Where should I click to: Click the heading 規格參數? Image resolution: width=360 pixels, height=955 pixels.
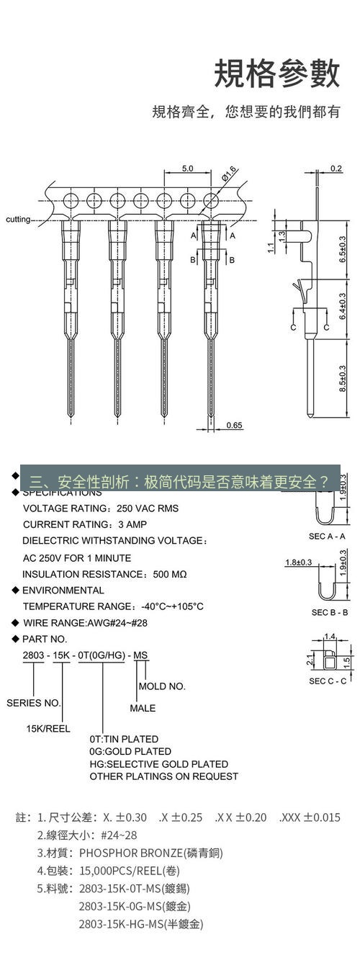pos(276,74)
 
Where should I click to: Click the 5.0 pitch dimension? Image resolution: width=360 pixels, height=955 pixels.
pos(187,169)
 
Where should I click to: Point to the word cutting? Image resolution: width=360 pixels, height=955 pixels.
pos(18,219)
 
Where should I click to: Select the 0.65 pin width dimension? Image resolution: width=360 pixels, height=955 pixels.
pos(234,425)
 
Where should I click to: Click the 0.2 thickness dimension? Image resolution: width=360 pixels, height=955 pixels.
pos(336,169)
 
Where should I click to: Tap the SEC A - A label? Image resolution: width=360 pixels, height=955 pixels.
pos(328,536)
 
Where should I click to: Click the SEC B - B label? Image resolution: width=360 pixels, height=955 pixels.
pos(330,612)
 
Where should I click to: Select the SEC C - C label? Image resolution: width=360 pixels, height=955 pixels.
pos(328,681)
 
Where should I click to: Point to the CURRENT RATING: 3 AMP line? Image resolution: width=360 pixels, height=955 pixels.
pos(85,524)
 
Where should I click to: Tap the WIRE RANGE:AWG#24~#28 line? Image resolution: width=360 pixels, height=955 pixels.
pos(85,622)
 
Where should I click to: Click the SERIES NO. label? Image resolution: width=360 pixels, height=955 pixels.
pos(34,702)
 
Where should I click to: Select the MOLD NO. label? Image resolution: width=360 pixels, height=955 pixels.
pos(161,686)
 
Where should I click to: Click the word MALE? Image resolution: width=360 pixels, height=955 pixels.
pos(143,708)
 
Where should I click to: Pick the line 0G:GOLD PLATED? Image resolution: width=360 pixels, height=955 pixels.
pos(130,751)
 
